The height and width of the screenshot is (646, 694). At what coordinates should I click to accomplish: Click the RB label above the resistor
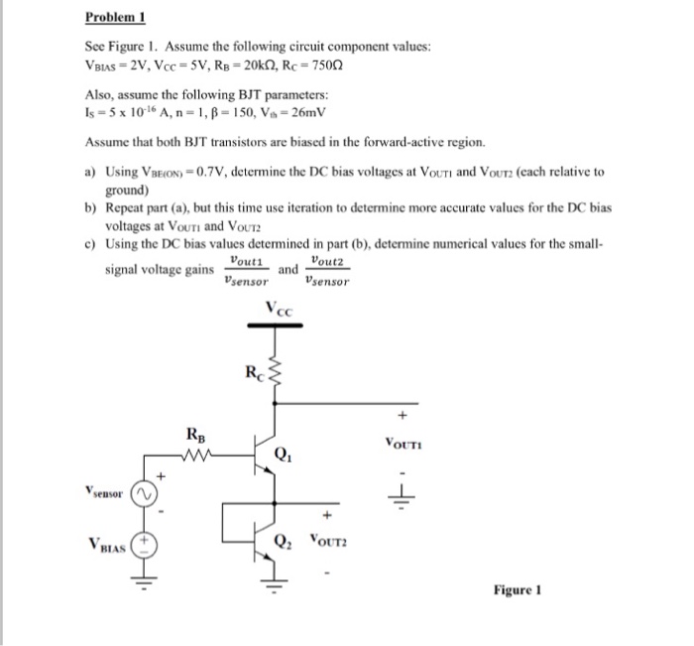coord(196,434)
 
